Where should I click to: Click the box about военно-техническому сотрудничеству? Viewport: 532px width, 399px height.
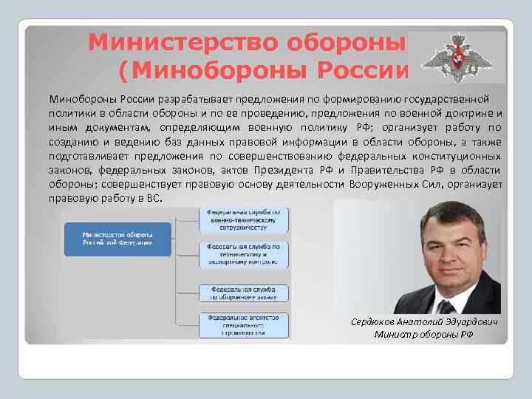click(x=244, y=219)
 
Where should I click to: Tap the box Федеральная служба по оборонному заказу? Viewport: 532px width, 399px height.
click(x=244, y=293)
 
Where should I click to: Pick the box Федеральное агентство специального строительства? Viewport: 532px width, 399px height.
click(x=244, y=325)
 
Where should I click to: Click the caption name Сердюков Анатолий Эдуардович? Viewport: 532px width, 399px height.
click(x=424, y=323)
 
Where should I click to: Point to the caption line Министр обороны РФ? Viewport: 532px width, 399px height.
click(x=424, y=335)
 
